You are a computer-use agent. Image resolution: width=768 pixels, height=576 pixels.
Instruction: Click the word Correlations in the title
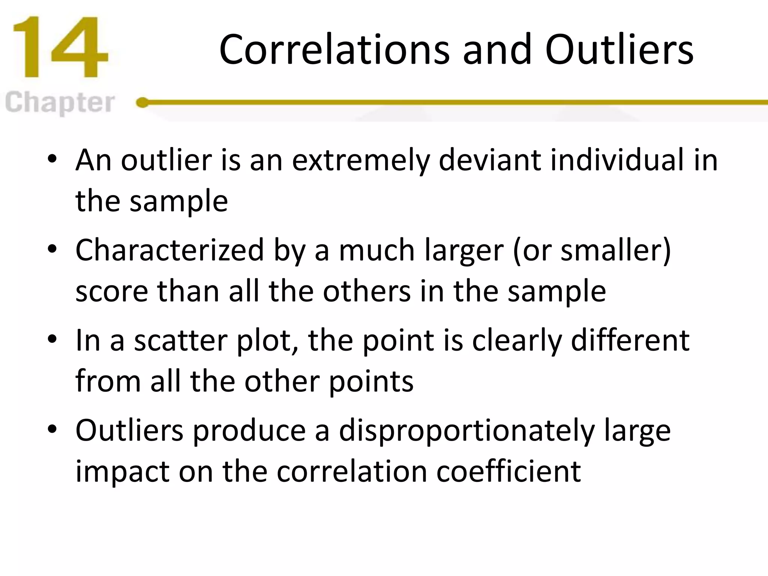pos(334,50)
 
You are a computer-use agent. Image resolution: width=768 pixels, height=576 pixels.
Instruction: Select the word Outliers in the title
pos(619,50)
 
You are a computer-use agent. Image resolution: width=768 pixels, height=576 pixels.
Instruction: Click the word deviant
pos(489,160)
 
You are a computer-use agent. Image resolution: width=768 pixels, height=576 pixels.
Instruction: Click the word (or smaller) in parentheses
pos(591,250)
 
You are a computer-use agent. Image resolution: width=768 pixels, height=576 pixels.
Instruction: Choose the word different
pos(630,340)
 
